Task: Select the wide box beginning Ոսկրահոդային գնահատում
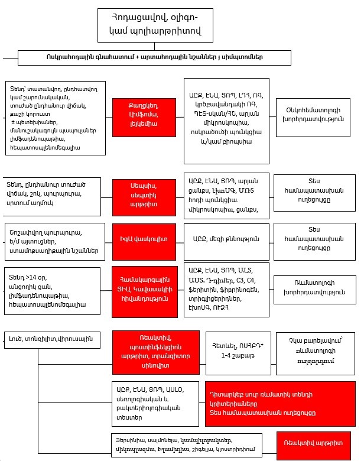[155, 57]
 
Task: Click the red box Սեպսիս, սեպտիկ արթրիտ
[144, 194]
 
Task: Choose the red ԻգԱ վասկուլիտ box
[144, 239]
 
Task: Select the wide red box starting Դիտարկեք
[278, 404]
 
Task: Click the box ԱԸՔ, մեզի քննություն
[226, 239]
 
